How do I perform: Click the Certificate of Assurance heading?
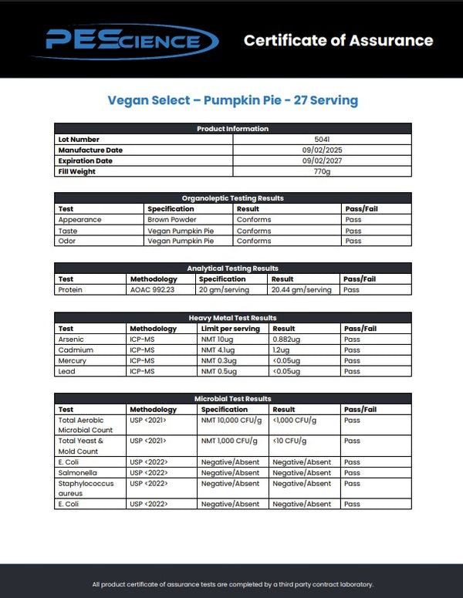[x=338, y=40]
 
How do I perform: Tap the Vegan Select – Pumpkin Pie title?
[x=232, y=100]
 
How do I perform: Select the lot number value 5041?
[x=322, y=140]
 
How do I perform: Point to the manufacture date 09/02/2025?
[x=322, y=150]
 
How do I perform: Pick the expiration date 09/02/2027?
[x=322, y=161]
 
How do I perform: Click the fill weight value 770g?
[x=322, y=172]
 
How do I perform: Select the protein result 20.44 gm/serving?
[x=301, y=290]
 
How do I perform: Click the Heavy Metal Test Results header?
[x=232, y=318]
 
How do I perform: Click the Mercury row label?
[x=73, y=361]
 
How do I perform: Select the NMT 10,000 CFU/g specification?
[x=229, y=421]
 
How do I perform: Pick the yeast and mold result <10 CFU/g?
[x=289, y=441]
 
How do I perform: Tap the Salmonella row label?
[x=76, y=473]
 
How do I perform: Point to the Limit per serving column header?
[x=230, y=329]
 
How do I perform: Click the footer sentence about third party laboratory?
[x=232, y=584]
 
